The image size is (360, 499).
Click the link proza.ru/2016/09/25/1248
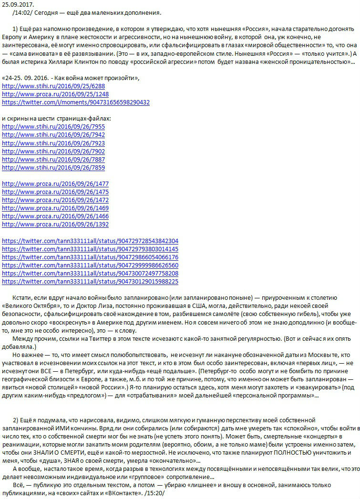(55, 94)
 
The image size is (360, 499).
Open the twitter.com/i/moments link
(76, 102)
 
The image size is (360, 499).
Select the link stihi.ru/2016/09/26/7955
(53, 126)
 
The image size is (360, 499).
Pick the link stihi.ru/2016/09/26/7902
(53, 151)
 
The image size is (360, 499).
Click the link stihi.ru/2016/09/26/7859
(53, 167)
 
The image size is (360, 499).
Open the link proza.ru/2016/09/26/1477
(55, 183)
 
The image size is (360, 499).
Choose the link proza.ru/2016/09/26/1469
(55, 208)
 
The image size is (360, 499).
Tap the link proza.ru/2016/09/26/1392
(55, 224)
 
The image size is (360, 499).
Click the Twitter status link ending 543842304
(90, 241)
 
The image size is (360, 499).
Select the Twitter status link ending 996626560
(90, 265)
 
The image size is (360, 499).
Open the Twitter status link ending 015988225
(90, 281)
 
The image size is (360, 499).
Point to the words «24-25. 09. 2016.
(24, 77)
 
